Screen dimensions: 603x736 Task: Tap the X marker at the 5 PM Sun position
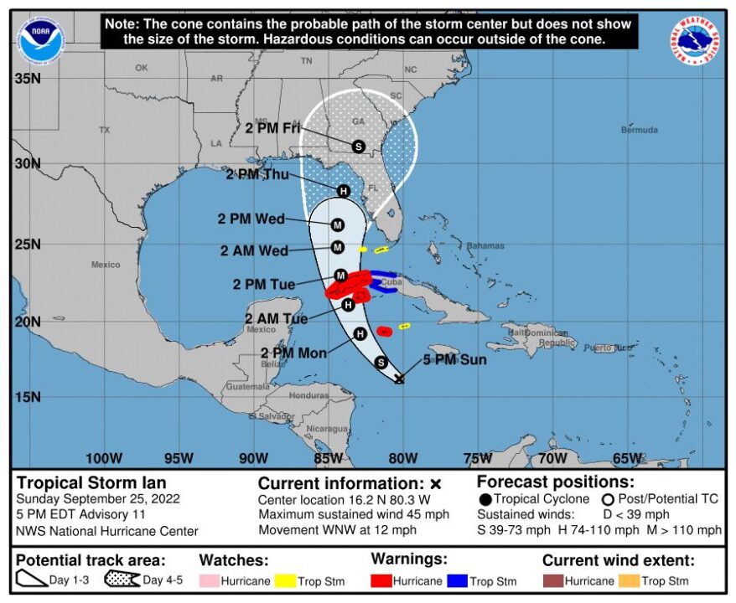[x=399, y=379]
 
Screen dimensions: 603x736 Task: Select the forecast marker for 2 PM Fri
[x=358, y=146]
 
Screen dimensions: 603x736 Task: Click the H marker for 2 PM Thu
[x=343, y=191]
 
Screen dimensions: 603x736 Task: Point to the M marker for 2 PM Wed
[x=338, y=224]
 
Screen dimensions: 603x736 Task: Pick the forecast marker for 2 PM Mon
[x=360, y=333]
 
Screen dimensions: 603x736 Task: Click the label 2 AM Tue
[x=276, y=318]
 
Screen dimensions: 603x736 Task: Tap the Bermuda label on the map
[x=639, y=130]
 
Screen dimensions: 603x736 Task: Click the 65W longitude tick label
[x=627, y=458]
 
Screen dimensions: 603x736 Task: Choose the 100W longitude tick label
[x=103, y=458]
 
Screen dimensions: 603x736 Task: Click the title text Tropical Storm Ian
[x=91, y=482]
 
